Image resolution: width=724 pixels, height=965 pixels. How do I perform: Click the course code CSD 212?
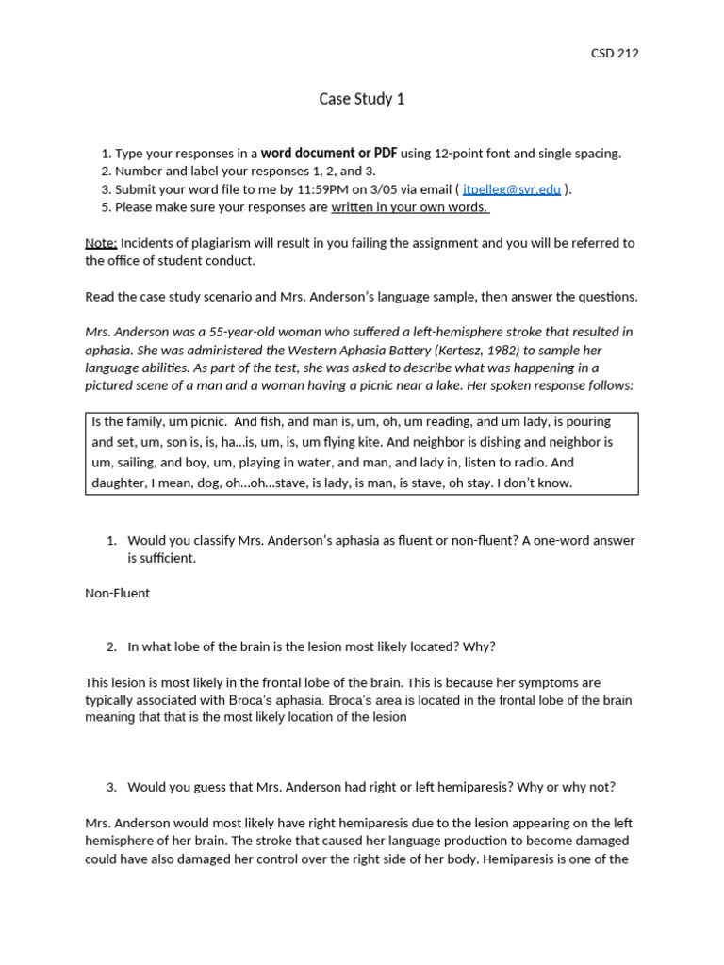pos(614,53)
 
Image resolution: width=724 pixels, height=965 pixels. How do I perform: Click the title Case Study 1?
pos(361,99)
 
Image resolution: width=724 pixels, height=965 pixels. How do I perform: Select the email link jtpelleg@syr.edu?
pos(512,189)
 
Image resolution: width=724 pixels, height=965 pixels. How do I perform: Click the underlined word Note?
pos(101,243)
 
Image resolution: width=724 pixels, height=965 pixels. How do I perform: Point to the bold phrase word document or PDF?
pos(329,154)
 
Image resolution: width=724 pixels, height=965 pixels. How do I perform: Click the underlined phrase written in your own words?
pos(410,207)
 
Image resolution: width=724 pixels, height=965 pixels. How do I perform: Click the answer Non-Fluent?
pos(117,594)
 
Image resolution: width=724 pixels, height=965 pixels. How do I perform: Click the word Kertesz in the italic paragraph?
pos(387,351)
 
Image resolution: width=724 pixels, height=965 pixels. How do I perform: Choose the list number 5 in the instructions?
pos(105,207)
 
